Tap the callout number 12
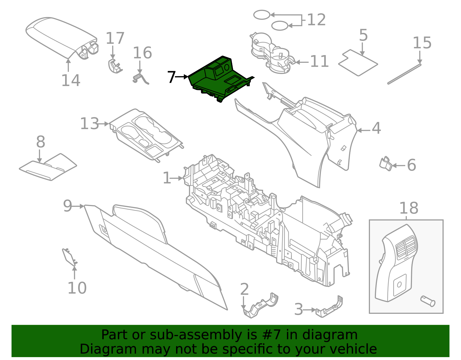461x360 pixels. pos(316,20)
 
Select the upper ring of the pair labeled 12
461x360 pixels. pos(262,15)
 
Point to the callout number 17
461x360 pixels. pos(115,38)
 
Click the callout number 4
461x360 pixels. pos(376,128)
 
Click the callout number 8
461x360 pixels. pos(41,142)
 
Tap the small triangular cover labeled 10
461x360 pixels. pos(69,257)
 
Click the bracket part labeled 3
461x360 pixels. pos(330,309)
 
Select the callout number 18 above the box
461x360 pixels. pos(409,208)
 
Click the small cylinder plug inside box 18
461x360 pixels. pos(428,301)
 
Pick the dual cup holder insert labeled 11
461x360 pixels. pos(271,53)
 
